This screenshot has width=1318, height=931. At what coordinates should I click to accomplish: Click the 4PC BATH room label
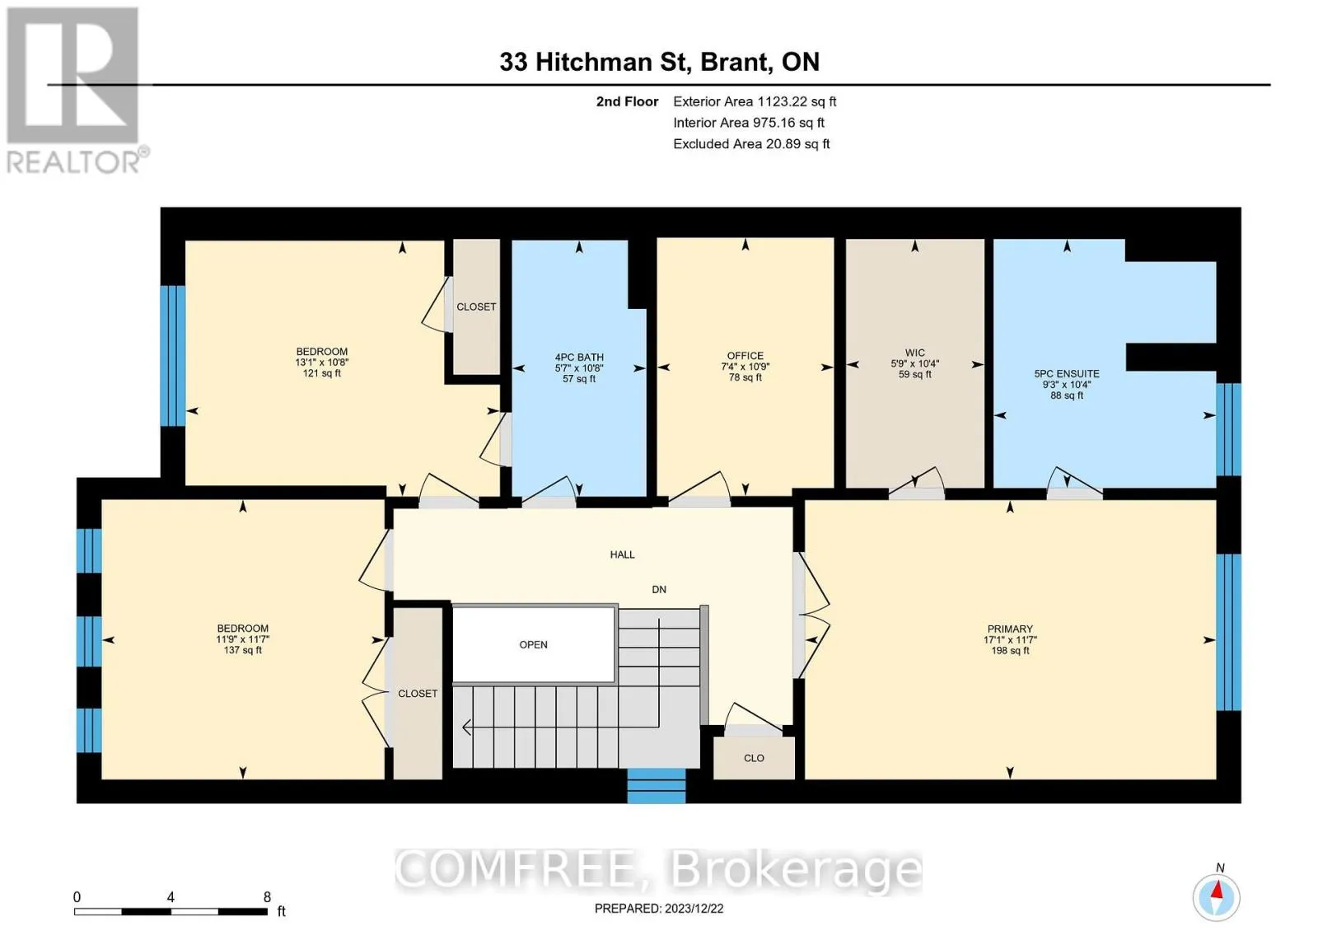579,358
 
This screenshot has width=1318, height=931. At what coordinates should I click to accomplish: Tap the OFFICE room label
745,356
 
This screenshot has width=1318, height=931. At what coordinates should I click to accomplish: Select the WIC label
914,353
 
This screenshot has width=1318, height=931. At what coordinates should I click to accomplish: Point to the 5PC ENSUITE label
1067,374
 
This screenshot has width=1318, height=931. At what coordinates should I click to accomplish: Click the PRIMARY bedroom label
1010,629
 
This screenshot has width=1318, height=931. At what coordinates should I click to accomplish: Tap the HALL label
622,554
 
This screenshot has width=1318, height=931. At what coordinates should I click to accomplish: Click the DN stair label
658,589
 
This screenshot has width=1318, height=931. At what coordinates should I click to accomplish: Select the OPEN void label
533,644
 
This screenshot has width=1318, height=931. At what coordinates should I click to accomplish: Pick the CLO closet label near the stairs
754,758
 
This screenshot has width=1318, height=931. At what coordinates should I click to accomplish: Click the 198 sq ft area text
1010,651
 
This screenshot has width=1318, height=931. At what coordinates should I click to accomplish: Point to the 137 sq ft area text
242,650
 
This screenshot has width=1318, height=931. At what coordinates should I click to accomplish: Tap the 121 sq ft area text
321,373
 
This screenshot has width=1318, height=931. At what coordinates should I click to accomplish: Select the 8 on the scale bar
267,897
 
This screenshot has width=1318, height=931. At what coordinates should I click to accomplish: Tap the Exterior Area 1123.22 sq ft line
755,101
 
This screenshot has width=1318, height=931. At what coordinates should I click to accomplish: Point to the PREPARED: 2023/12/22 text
659,908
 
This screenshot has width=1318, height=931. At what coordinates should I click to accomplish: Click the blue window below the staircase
656,786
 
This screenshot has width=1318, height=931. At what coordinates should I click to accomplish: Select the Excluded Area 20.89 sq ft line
751,143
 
